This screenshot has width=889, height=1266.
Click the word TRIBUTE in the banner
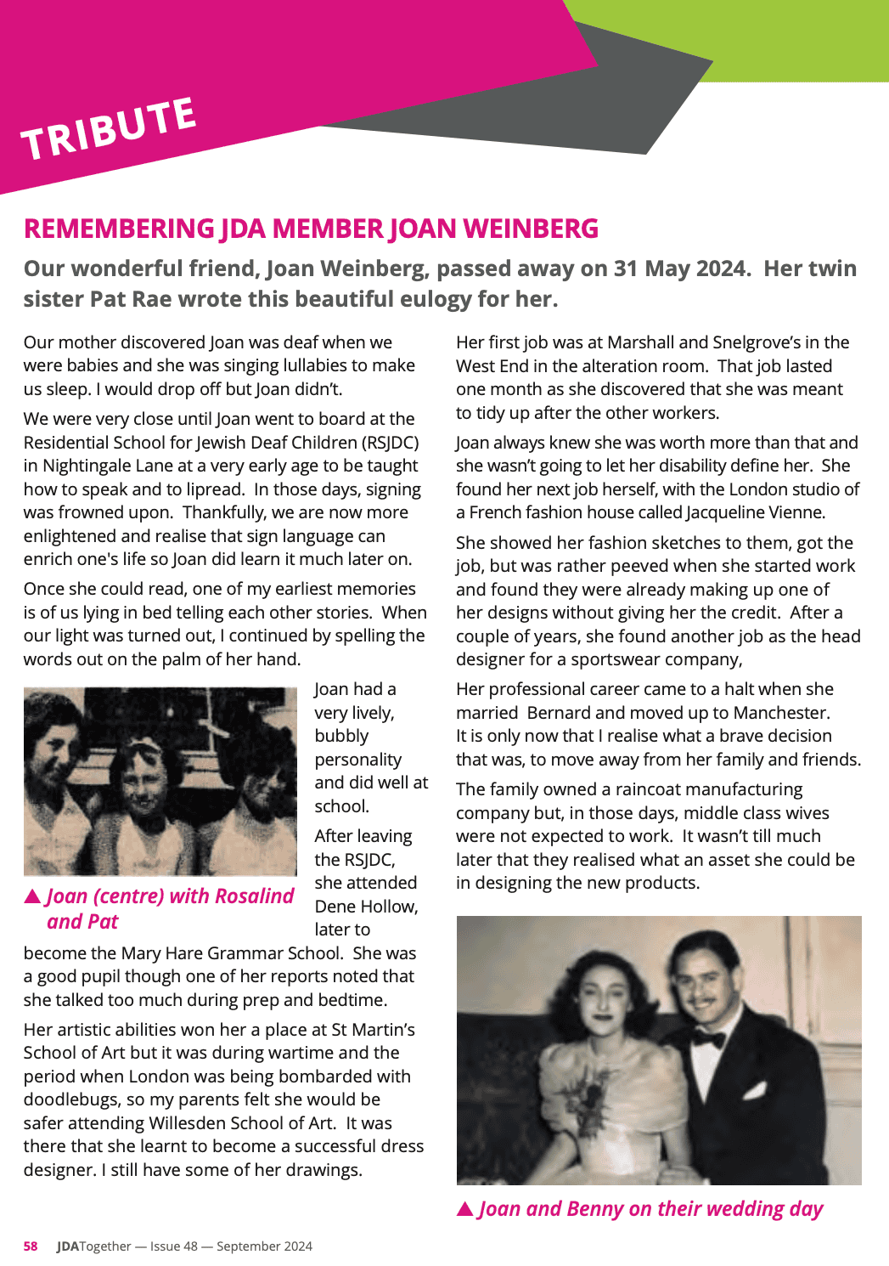click(x=109, y=128)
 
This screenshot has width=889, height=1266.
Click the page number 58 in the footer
click(x=31, y=1246)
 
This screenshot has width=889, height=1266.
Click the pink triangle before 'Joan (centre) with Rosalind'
click(x=33, y=896)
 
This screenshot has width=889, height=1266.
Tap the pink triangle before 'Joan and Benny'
click(x=465, y=1209)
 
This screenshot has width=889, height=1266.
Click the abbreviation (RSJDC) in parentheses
click(x=389, y=443)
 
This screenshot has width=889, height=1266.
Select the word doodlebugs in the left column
click(x=70, y=1099)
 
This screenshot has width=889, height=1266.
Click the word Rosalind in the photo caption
click(x=254, y=896)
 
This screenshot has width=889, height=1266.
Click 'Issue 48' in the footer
click(x=174, y=1246)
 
